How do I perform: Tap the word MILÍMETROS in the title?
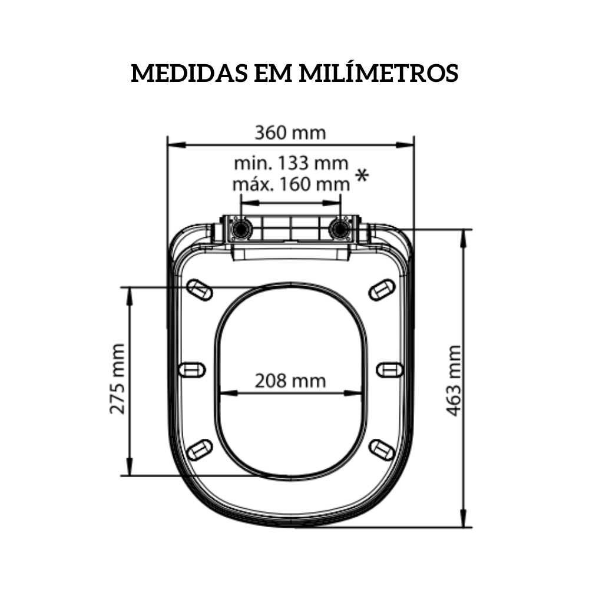coord(379,74)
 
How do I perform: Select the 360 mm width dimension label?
coord(290,133)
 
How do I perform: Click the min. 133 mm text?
coord(291,162)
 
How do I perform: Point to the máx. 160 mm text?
coord(291,184)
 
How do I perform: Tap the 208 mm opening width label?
coord(290,381)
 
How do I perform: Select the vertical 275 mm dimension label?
coord(118,379)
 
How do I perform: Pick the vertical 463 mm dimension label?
coord(453,380)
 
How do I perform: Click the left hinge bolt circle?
coord(240,229)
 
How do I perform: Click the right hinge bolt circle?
coord(340,229)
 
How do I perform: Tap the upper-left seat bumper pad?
coord(200,289)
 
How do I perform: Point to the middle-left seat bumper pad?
coord(191,369)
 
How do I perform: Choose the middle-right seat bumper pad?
coord(389,369)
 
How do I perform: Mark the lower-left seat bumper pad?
coord(200,449)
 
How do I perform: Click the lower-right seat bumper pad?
coord(382,449)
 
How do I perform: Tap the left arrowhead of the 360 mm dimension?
coord(173,144)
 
